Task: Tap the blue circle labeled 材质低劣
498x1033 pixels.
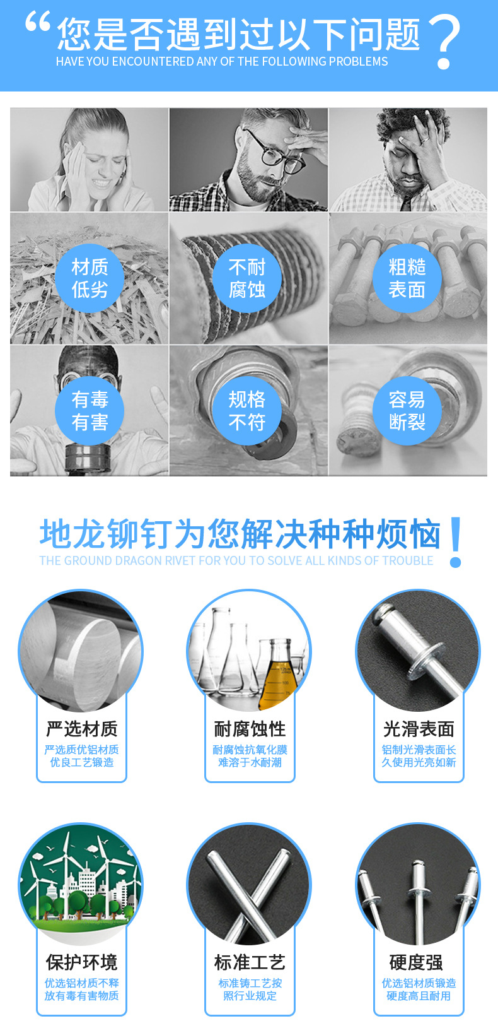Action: tap(90, 278)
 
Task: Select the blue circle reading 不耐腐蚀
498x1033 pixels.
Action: tap(247, 278)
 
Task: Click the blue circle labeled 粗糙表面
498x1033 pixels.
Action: tap(407, 278)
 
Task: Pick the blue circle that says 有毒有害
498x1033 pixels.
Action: tap(90, 411)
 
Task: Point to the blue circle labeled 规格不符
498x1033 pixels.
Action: tap(247, 411)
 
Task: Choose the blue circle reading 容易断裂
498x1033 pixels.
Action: tap(407, 411)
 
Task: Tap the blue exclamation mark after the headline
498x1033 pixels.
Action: tap(456, 541)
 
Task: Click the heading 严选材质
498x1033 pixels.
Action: tap(82, 729)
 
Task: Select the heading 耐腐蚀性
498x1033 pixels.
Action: tap(250, 729)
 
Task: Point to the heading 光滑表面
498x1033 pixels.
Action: tap(419, 729)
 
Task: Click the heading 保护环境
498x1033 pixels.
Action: tap(82, 963)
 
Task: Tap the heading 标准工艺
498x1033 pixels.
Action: tap(250, 963)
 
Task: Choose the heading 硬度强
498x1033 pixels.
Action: tap(416, 963)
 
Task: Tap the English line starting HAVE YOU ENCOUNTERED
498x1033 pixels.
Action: tap(222, 62)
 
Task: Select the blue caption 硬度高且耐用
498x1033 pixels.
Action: tap(419, 996)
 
